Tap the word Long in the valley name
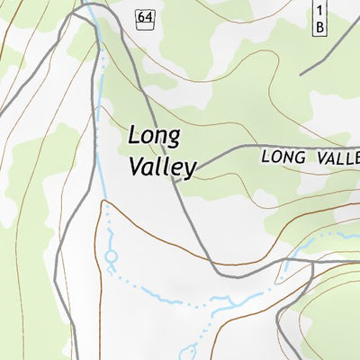[x=155, y=137]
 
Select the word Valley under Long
[x=162, y=166]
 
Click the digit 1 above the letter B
[x=319, y=10]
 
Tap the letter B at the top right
[x=319, y=27]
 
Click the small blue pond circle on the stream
[x=112, y=256]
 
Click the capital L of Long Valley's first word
[x=136, y=135]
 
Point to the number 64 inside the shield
[x=145, y=16]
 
